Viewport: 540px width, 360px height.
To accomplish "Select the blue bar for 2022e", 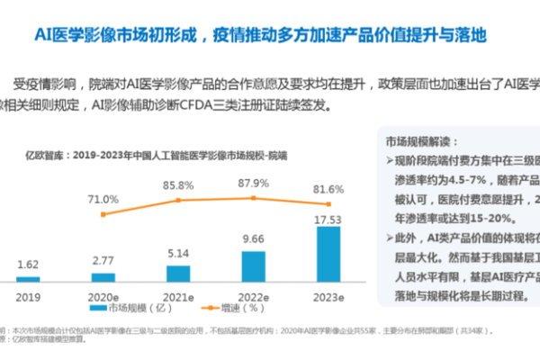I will coord(254,265).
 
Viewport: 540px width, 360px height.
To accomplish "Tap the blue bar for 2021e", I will coord(178,272).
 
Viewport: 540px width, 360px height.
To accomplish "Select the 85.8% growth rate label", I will coord(178,185).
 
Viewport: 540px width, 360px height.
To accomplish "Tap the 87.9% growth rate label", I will coord(254,183).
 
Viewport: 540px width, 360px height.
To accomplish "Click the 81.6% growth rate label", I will coord(328,190).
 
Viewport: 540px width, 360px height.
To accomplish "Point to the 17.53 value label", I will coord(328,217).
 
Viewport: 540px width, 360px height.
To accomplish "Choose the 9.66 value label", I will coord(254,240).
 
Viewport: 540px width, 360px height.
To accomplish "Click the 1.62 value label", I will coord(28,265).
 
